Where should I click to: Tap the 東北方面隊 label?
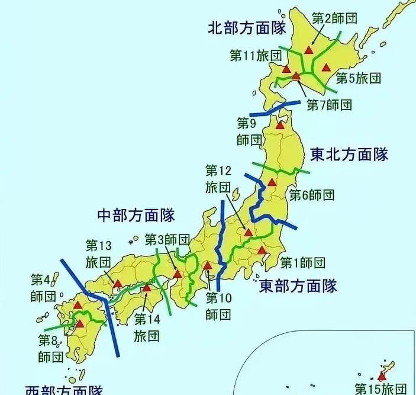tap(349, 155)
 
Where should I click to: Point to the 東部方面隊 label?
tap(298, 286)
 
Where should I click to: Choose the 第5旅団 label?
tap(358, 78)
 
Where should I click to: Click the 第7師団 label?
tap(330, 105)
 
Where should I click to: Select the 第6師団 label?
tap(312, 194)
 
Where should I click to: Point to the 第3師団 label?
tap(167, 240)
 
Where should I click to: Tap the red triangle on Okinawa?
tap(382, 376)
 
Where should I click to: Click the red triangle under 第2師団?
tap(308, 50)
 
